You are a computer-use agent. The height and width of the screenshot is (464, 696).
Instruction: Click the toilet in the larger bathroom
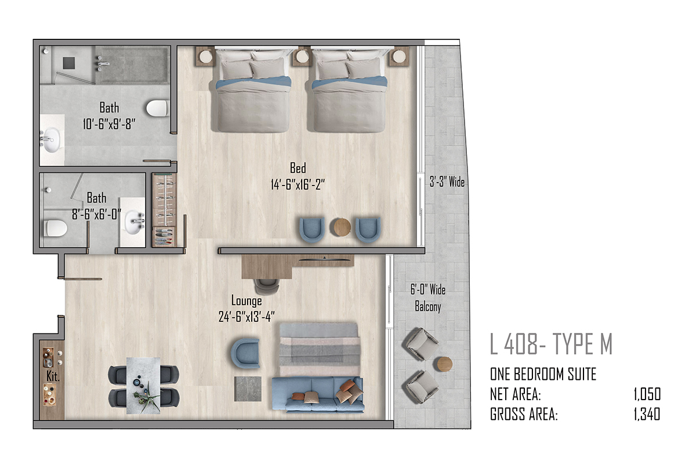pyautogui.click(x=158, y=108)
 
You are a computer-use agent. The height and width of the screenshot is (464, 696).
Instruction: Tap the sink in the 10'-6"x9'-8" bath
pyautogui.click(x=51, y=140)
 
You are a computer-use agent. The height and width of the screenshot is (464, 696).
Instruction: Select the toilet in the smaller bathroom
pyautogui.click(x=55, y=228)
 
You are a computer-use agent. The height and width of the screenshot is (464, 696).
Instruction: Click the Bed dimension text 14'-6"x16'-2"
pyautogui.click(x=298, y=184)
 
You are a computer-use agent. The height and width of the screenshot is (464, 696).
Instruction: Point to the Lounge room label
pyautogui.click(x=246, y=300)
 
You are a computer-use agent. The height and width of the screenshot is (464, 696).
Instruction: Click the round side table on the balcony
pyautogui.click(x=445, y=364)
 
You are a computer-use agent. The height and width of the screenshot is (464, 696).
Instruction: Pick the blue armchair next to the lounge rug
pyautogui.click(x=245, y=353)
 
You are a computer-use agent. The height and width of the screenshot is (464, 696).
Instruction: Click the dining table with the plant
pyautogui.click(x=143, y=385)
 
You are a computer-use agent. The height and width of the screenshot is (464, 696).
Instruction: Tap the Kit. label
pyautogui.click(x=53, y=376)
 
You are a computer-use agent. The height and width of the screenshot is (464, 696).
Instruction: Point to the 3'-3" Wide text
pyautogui.click(x=447, y=182)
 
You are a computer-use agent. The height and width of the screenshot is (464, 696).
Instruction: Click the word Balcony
pyautogui.click(x=428, y=306)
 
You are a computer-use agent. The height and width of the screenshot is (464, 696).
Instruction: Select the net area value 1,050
pyautogui.click(x=647, y=394)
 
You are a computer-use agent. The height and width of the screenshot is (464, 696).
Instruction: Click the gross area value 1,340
pyautogui.click(x=647, y=414)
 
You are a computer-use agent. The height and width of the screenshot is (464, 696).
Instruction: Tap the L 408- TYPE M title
pyautogui.click(x=551, y=344)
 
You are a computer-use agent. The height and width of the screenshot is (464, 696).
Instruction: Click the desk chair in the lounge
pyautogui.click(x=267, y=287)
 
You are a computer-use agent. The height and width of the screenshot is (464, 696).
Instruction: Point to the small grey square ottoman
pyautogui.click(x=248, y=389)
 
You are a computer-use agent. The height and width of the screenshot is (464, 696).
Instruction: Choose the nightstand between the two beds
pyautogui.click(x=302, y=56)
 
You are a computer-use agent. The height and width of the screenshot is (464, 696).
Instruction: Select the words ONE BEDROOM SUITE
pyautogui.click(x=543, y=374)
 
